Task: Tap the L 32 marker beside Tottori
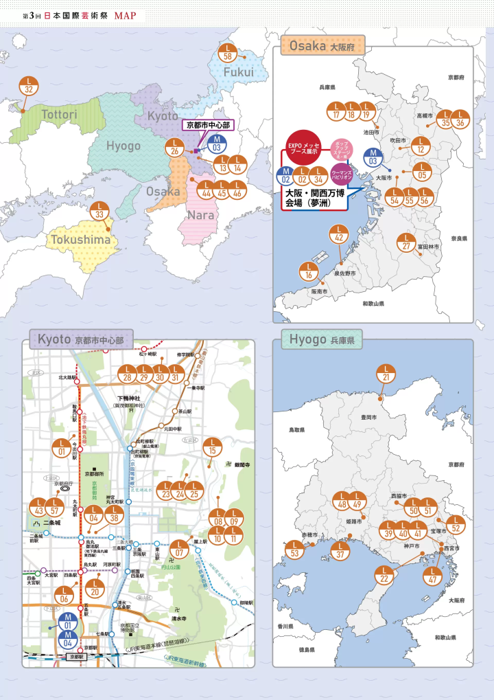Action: [28, 85]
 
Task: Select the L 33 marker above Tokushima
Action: [100, 211]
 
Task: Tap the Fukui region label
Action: [239, 72]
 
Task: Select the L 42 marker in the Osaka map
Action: [338, 234]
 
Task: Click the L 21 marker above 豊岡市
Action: [386, 374]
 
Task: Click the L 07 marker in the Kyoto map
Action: [179, 549]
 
